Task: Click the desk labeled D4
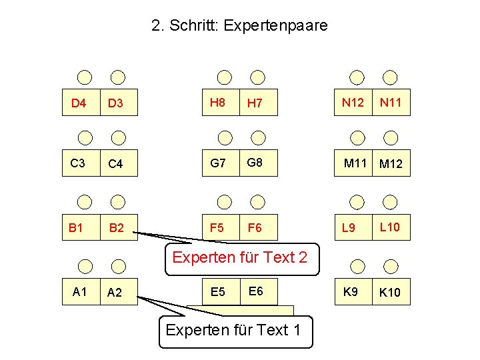[x=80, y=103]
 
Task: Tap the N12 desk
[x=353, y=102]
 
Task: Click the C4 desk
[x=117, y=163]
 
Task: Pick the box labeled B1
[x=78, y=227]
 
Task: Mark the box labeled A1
[x=81, y=291]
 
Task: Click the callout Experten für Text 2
[x=240, y=257]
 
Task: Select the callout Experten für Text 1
[x=235, y=330]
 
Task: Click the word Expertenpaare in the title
[x=276, y=26]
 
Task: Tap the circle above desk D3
[x=117, y=77]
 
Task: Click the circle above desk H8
[x=225, y=77]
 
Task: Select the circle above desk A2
[x=117, y=267]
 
